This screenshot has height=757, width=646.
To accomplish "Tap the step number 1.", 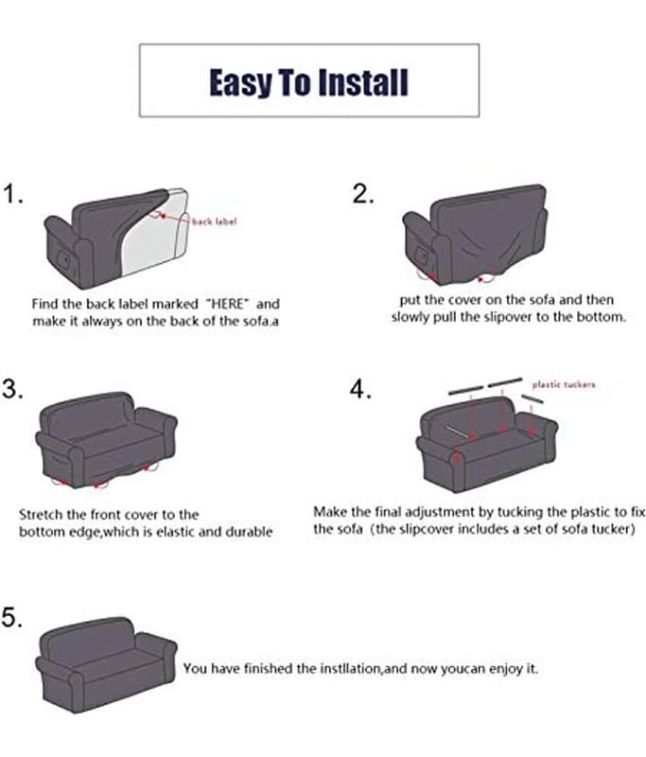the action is point(12,194).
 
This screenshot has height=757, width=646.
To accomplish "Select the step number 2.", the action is point(363,194).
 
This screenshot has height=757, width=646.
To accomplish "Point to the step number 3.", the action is point(12,389).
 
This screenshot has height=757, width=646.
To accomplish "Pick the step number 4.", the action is point(360,389).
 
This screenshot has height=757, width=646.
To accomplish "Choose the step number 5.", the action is point(12,617).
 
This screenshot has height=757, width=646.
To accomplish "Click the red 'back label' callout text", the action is point(214,221).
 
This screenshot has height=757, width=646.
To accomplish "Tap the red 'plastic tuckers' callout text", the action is point(564,384).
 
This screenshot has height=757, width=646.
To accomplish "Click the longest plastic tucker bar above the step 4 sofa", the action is point(505,382).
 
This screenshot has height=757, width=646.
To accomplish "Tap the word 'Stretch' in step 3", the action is point(41,514).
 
